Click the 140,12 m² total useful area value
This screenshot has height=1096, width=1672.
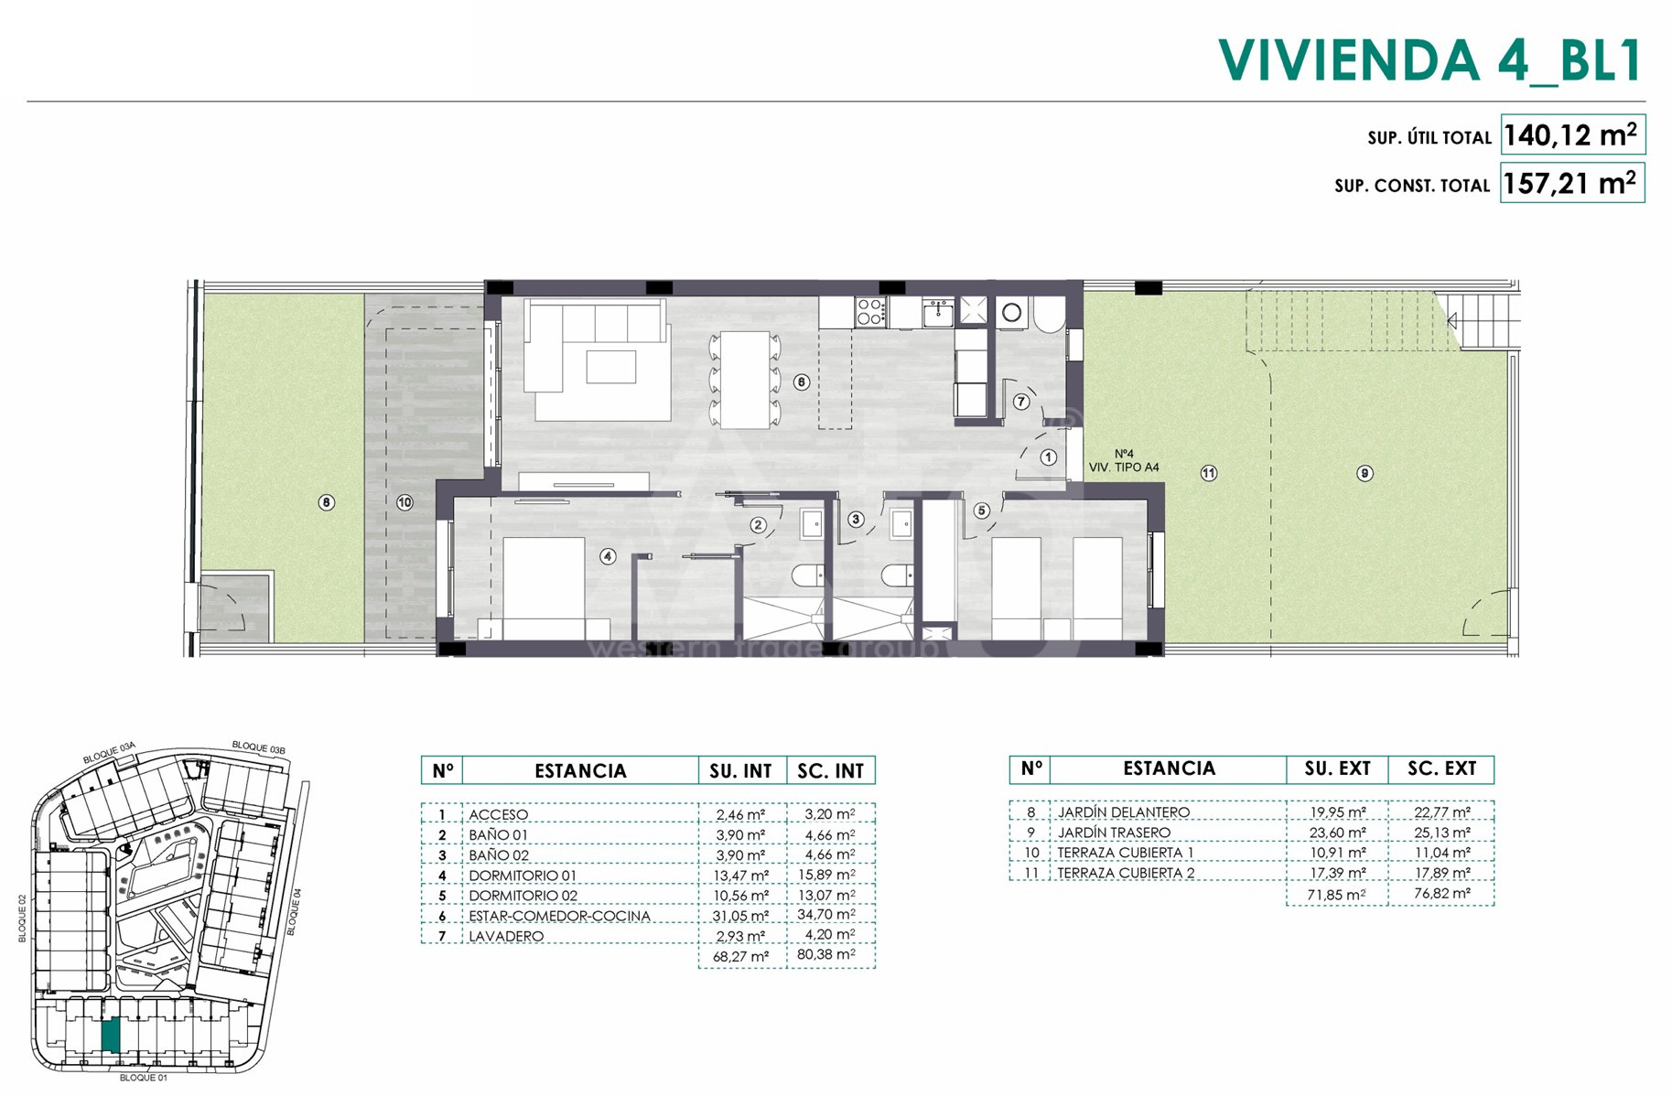coord(1570,135)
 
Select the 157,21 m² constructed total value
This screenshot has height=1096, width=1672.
coord(1570,184)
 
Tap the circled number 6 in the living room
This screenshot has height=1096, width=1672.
coord(802,381)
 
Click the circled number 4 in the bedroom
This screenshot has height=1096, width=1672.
coord(608,556)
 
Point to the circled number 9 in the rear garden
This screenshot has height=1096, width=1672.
coord(1365,473)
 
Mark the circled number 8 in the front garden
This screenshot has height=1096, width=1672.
coord(327,501)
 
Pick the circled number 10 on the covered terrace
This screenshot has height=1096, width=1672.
coord(405,501)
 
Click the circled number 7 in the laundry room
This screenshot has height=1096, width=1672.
coord(1021,402)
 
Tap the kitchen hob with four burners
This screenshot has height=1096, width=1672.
coord(870,311)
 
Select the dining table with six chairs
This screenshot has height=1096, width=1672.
coord(745,380)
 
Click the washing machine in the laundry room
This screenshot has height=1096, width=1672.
coord(1011,313)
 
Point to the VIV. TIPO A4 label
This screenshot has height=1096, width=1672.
coord(1124,467)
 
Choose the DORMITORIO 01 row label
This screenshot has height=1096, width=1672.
coord(523,876)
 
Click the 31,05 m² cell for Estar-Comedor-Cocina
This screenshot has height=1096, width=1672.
coord(741,916)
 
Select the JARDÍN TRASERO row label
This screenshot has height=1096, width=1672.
coord(1114,833)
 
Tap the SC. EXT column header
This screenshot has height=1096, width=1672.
coord(1441,769)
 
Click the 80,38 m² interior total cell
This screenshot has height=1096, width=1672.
coord(830,956)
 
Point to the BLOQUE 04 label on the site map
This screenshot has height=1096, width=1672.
coord(293,911)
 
